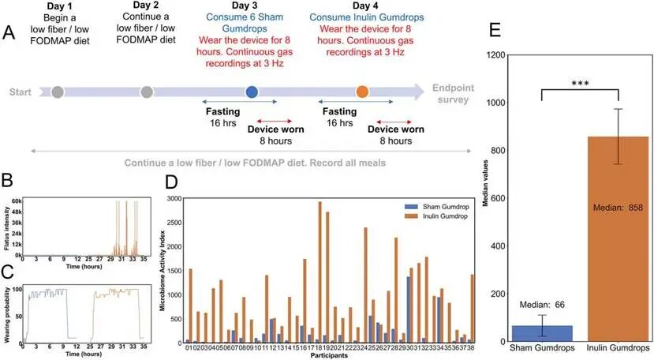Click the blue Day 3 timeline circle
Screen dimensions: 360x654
point(252,92)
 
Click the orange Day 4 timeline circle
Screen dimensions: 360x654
point(362,92)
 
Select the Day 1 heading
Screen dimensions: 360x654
point(58,6)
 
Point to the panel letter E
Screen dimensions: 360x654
point(495,30)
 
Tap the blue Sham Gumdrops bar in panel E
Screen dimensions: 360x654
point(541,333)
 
